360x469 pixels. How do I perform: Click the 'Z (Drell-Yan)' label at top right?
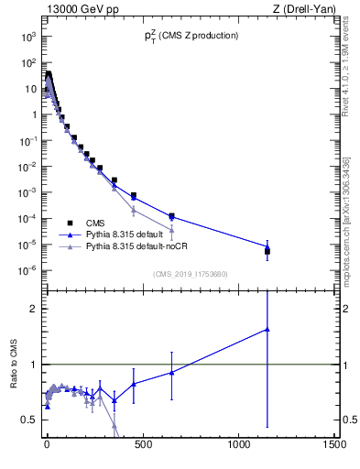click(x=304, y=9)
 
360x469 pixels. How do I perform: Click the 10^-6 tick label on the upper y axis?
click(x=28, y=270)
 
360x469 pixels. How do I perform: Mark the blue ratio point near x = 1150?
click(x=267, y=329)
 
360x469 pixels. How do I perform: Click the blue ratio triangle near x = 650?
click(x=171, y=372)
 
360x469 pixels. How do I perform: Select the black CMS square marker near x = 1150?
click(x=267, y=250)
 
